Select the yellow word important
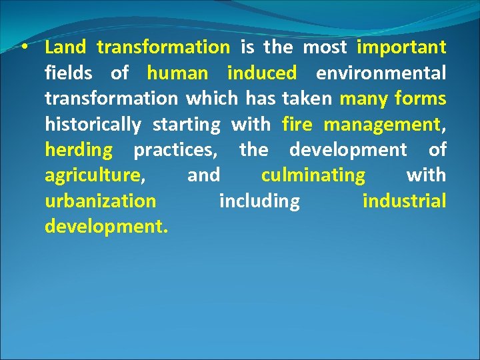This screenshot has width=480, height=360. coord(401,47)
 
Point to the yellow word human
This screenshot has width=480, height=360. coord(177,73)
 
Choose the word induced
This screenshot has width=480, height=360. coord(262,73)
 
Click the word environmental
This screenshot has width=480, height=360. coord(381,73)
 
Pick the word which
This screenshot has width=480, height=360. coord(212,99)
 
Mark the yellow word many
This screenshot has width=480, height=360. coord(364,99)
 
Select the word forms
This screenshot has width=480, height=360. coord(420,99)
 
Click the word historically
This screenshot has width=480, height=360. coord(93,125)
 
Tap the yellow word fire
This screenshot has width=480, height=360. coord(297,124)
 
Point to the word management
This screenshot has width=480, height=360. coord(381,125)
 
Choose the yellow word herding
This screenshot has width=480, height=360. coord(79,150)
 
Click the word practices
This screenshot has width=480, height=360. coord(175,150)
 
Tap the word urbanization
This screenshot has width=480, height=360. coord(101,201)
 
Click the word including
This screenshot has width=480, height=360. coord(259,201)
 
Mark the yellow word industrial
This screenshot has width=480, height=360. coord(404,201)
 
